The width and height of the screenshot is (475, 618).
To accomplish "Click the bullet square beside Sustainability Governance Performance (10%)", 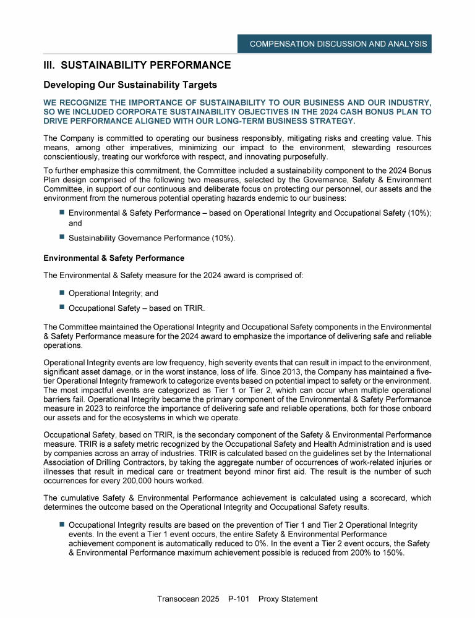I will [x=62, y=237].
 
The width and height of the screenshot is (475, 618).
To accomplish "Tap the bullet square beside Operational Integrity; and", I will [x=62, y=294].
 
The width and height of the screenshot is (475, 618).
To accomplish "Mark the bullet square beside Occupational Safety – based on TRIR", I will [x=62, y=307].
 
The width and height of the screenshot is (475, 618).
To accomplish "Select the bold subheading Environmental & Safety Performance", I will [x=114, y=258].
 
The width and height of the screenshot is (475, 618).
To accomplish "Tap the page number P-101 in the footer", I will [x=239, y=599].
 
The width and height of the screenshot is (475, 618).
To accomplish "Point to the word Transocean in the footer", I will [x=180, y=599].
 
